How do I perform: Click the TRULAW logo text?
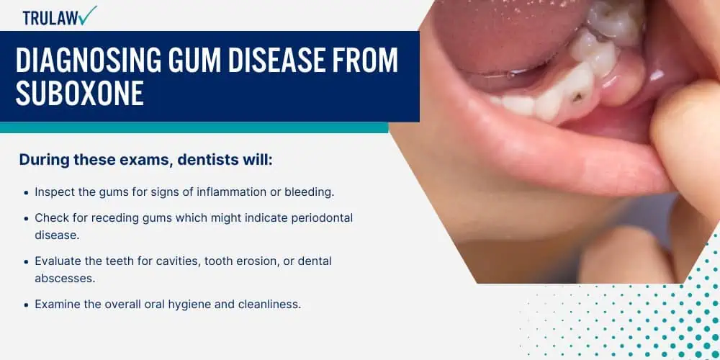[50, 18]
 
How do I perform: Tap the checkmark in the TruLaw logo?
[87, 16]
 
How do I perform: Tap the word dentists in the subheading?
[210, 161]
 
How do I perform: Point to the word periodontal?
[323, 217]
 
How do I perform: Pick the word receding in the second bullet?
[112, 218]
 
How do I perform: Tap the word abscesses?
[65, 278]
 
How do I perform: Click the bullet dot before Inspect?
[26, 193]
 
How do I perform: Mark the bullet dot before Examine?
[26, 305]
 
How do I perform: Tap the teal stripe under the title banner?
[194, 127]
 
